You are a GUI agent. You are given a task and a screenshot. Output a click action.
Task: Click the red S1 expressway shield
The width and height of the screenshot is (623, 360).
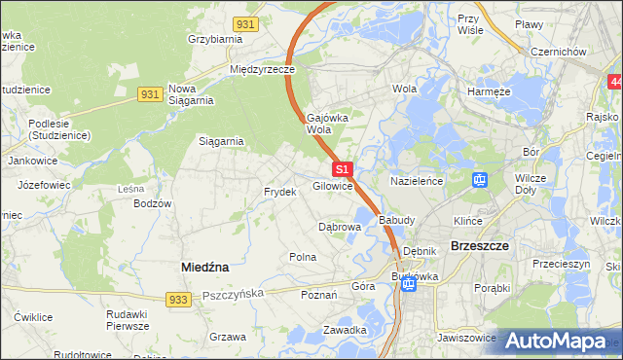[x=342, y=168]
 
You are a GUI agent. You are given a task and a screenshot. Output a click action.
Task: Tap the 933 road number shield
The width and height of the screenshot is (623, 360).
[x=176, y=301]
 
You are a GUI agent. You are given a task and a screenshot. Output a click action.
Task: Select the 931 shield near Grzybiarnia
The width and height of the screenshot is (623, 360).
[x=246, y=22]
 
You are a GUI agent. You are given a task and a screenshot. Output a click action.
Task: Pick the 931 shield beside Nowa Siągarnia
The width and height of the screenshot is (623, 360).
[x=149, y=93]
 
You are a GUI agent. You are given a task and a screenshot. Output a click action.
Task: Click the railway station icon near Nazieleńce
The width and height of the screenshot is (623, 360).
[x=479, y=180]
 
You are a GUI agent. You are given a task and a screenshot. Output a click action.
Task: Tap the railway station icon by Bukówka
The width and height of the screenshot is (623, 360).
[x=409, y=284]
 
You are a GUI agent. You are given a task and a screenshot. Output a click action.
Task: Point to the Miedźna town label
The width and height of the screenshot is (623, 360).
[x=205, y=266]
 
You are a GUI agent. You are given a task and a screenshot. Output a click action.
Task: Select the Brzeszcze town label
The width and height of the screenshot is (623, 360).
[x=481, y=246]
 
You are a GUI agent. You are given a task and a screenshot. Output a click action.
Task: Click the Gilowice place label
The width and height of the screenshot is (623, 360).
[x=332, y=186]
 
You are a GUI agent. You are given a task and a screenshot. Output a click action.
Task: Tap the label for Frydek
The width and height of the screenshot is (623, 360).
[x=279, y=192]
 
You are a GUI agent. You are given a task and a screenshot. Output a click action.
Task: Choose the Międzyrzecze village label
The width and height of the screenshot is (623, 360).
[x=262, y=70]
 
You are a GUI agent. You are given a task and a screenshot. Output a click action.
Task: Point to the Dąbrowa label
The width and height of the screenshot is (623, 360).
[x=341, y=227]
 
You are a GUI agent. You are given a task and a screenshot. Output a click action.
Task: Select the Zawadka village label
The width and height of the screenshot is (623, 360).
[x=346, y=329]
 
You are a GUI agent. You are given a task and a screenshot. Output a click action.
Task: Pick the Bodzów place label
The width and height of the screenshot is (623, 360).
[x=154, y=203]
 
